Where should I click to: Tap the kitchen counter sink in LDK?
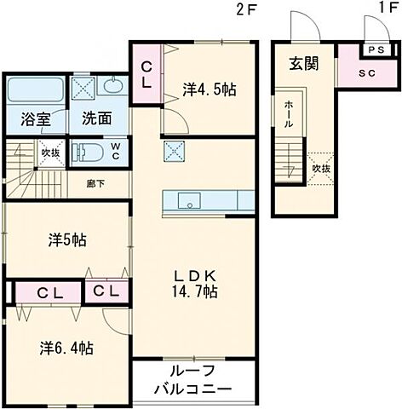pyautogui.click(x=188, y=201)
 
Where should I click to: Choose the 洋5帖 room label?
pyautogui.click(x=66, y=240)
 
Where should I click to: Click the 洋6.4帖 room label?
pyautogui.click(x=66, y=347)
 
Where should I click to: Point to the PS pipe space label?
pyautogui.click(x=376, y=48)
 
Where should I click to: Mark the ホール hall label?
pyautogui.click(x=289, y=114)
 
